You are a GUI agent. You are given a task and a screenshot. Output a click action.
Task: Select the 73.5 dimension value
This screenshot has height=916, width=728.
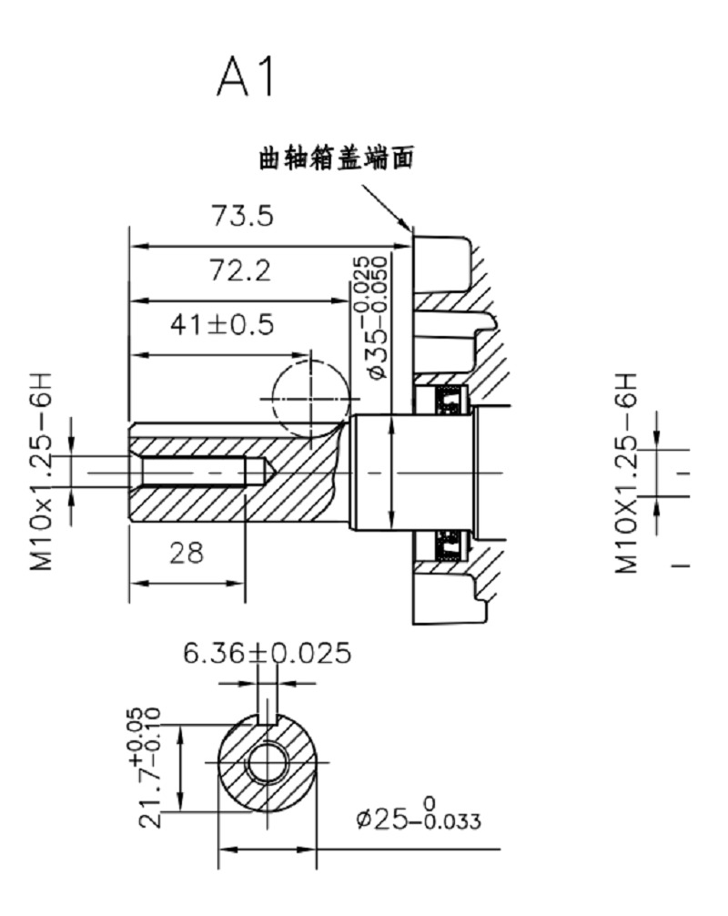click(x=242, y=217)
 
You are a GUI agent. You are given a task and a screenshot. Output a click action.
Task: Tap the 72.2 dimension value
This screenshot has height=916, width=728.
click(x=240, y=271)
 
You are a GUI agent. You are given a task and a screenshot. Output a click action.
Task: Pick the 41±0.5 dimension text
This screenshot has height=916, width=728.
click(x=224, y=326)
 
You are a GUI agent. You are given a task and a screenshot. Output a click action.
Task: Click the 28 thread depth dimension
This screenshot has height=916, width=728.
click(x=187, y=552)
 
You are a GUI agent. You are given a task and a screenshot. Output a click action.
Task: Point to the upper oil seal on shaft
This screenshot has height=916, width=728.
click(x=447, y=398)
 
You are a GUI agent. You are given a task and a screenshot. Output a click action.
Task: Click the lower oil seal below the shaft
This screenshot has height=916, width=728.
click(x=447, y=547)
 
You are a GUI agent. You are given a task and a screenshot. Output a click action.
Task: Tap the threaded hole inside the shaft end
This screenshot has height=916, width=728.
click(x=196, y=473)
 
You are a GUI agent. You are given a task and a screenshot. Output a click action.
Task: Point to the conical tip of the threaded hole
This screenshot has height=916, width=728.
click(x=258, y=473)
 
